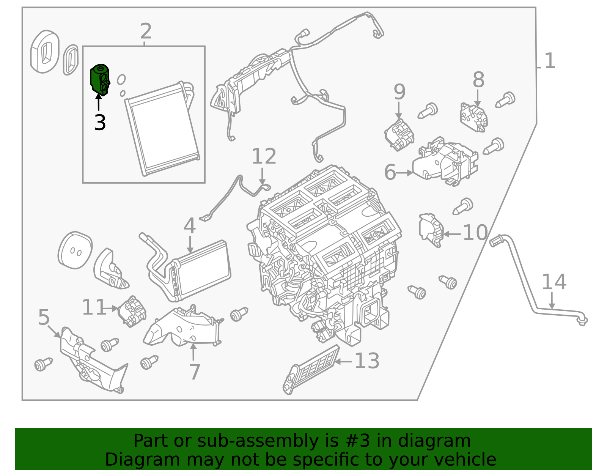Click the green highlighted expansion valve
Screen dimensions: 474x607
99,79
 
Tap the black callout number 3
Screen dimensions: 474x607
100,123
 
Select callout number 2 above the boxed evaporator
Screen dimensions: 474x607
146,31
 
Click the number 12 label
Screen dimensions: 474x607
264,156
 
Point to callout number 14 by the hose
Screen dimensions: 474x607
554,282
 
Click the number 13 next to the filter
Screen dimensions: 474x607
366,361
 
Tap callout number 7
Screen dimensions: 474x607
195,372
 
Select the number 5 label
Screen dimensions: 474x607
44,317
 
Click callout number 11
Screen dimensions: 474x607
93,307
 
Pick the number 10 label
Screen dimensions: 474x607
475,233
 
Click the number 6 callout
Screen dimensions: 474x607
390,172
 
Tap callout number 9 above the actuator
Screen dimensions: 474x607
399,92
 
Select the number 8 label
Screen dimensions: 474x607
478,80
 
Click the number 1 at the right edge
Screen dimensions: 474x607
549,61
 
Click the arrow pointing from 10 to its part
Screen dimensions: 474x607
452,234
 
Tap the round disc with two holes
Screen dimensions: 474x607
75,250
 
